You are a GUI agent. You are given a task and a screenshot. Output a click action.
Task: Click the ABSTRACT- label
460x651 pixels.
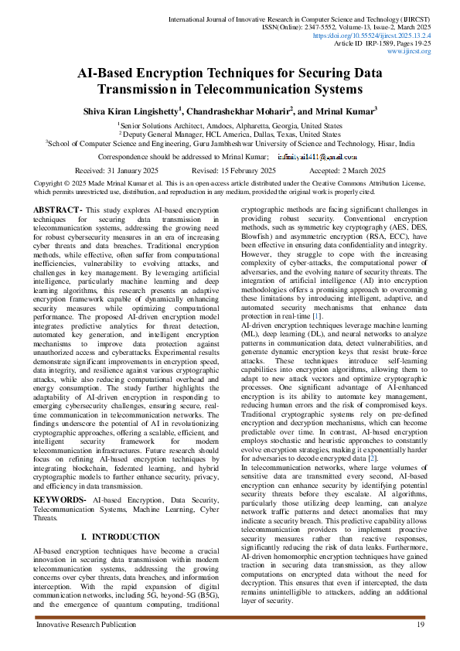click(x=58, y=210)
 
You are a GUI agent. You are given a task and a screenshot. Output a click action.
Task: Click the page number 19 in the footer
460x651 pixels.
click(x=421, y=624)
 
